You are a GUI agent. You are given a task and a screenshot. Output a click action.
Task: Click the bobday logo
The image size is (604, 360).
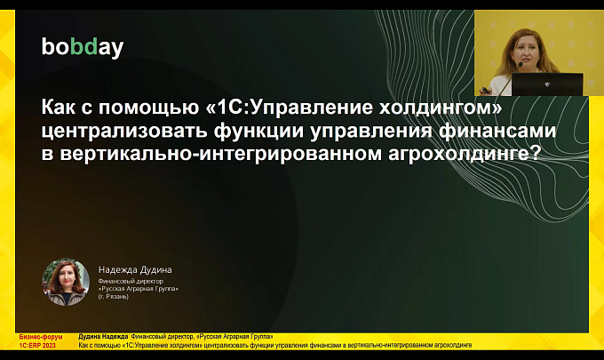point(83,47)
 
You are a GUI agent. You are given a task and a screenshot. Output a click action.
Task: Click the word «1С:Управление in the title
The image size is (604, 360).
point(290,108)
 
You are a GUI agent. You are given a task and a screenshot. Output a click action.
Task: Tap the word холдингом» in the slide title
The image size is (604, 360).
point(441,108)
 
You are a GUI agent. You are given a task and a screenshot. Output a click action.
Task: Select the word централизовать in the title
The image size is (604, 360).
point(125,131)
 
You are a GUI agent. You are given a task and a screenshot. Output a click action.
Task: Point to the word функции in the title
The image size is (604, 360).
point(259,131)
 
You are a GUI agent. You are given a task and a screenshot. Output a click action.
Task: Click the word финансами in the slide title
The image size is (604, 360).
point(497,131)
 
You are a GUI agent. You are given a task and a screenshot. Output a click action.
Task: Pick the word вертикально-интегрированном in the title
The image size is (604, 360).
point(221,154)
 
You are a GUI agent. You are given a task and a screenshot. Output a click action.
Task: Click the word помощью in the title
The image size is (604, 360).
point(150,108)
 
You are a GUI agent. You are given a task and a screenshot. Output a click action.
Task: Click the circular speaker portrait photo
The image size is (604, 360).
point(66,282)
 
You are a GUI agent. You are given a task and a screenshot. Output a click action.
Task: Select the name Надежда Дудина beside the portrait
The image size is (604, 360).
point(135,270)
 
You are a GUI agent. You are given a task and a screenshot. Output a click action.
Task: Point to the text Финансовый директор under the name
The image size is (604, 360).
point(131,282)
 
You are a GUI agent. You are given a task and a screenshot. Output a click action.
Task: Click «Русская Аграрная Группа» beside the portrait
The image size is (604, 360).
point(139,289)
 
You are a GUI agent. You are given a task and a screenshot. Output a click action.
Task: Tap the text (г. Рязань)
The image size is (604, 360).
point(114,296)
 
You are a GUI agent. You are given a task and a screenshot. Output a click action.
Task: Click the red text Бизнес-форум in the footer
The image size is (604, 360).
point(41,337)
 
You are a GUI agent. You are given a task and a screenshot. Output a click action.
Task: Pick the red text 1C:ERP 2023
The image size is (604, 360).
point(37,346)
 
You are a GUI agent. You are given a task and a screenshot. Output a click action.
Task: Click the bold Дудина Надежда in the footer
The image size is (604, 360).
point(103,337)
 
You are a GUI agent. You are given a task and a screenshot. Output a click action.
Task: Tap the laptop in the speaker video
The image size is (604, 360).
point(547,84)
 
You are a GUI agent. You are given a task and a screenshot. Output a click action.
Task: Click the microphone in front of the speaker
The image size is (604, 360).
point(509,78)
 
